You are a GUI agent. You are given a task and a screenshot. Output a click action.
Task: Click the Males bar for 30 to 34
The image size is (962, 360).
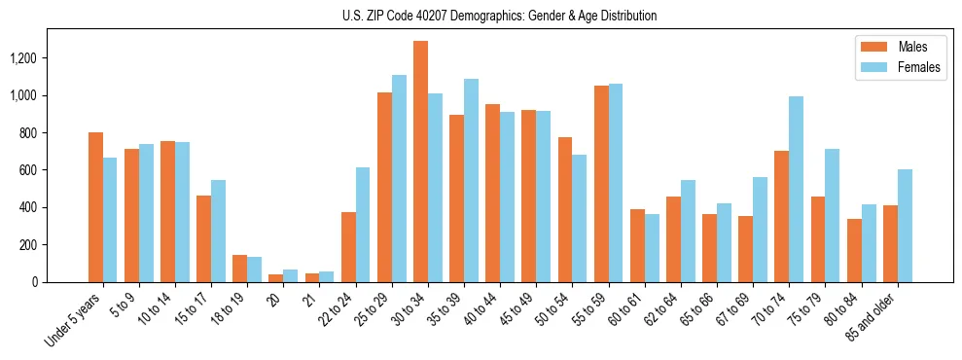click(420, 162)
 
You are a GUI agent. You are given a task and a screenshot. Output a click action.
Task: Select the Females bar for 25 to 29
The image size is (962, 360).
click(399, 178)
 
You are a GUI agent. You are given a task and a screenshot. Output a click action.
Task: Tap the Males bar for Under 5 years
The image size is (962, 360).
click(95, 207)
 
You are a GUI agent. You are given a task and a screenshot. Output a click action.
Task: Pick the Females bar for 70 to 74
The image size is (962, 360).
click(797, 189)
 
